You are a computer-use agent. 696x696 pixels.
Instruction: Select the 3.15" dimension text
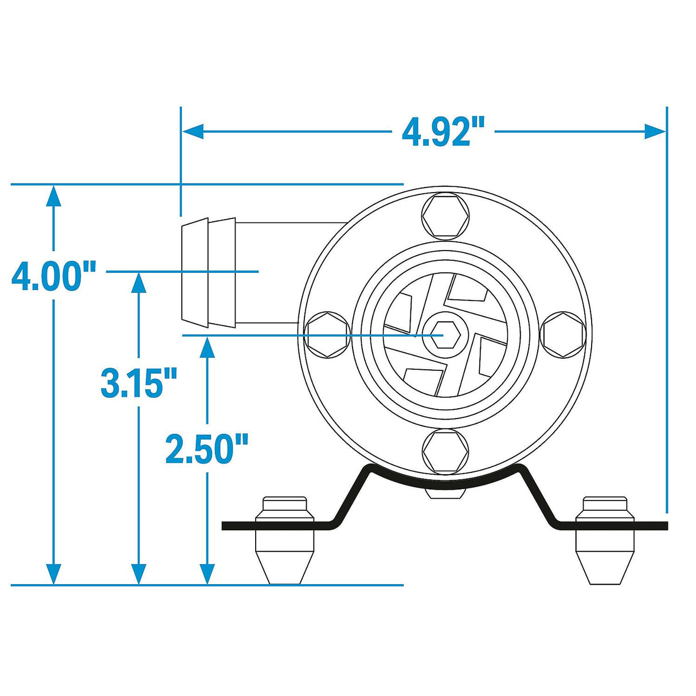click(139, 383)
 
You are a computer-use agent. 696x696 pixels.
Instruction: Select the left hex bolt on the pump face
click(327, 334)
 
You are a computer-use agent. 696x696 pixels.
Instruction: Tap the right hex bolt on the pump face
click(564, 335)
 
